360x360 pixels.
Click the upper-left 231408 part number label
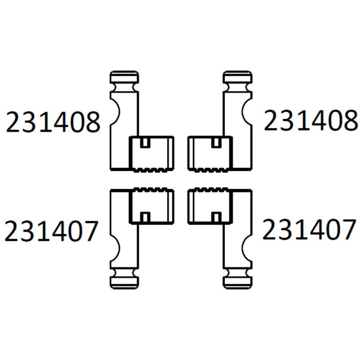coord(53,122)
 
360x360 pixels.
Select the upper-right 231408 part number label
coord(311,120)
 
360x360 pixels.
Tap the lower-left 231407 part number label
coord(51,231)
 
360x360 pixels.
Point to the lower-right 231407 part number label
coord(309,229)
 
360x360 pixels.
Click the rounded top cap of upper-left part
coord(124,77)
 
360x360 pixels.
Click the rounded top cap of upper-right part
coord(238,77)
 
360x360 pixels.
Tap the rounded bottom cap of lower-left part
coord(124,283)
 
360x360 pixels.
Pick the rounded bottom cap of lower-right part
coord(238,283)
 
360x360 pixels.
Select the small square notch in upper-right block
coord(216,143)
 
